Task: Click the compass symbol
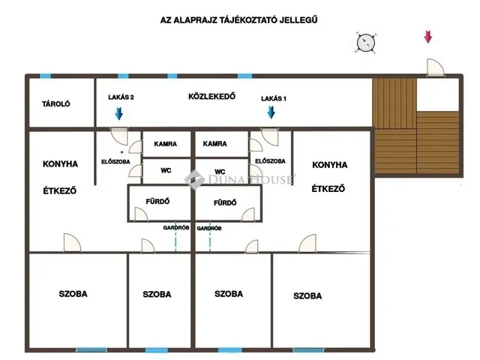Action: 365,42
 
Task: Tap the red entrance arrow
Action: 428,37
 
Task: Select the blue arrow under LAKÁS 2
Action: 118,113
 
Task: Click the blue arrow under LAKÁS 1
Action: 271,112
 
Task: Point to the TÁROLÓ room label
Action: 56,103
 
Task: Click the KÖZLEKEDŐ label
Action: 211,97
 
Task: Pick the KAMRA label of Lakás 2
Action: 165,143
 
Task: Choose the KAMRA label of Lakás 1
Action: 215,143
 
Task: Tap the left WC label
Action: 166,170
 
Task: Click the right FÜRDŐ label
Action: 225,202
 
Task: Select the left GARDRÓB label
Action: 176,228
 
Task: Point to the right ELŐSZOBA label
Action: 270,161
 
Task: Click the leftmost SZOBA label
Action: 73,294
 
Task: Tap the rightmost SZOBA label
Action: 307,296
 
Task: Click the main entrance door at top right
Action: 435,67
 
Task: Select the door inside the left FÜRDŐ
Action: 141,214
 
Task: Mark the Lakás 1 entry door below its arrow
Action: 270,136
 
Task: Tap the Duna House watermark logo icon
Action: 195,179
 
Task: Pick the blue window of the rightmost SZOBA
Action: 308,350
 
